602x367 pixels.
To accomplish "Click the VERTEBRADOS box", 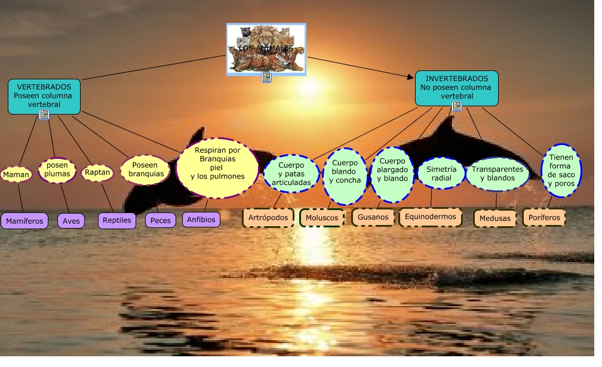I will tap(44, 96).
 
